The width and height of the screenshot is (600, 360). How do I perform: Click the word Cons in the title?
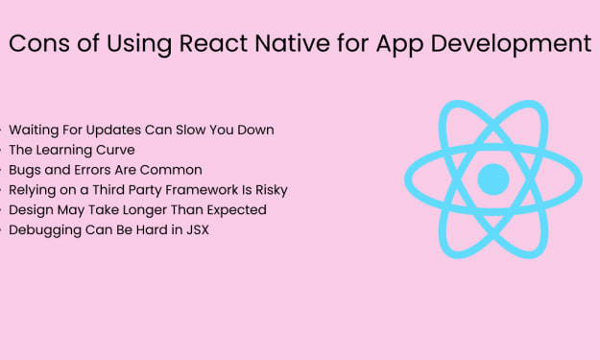(39, 43)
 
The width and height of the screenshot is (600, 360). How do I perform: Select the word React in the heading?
(213, 43)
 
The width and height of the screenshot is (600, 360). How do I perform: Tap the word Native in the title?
(293, 43)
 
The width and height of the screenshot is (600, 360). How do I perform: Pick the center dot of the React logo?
(493, 180)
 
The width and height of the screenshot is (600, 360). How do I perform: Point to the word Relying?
(32, 190)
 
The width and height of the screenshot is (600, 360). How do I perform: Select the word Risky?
(272, 190)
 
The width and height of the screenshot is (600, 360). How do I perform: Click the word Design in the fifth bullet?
(31, 210)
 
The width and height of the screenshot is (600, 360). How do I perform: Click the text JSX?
(198, 230)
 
